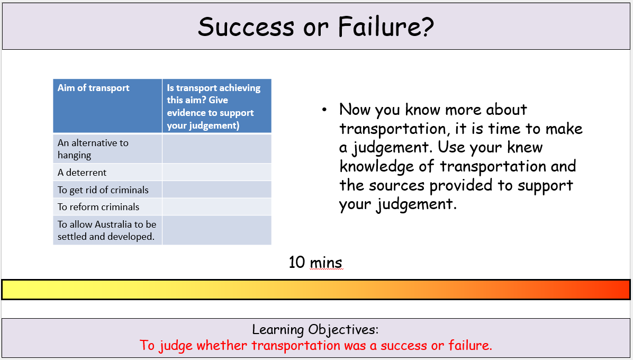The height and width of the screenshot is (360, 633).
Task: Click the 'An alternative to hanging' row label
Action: click(x=93, y=149)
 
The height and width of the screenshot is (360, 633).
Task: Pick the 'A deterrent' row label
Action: click(x=82, y=173)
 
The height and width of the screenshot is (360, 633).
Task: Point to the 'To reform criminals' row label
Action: click(x=98, y=207)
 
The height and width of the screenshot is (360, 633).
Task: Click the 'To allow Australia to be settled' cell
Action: click(x=107, y=230)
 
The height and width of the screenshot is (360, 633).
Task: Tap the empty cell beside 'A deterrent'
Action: click(x=217, y=173)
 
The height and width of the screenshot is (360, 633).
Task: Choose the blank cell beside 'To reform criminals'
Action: click(x=217, y=207)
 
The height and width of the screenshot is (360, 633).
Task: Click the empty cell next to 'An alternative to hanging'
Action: click(x=217, y=149)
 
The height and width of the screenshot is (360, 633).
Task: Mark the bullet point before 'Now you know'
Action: click(x=324, y=110)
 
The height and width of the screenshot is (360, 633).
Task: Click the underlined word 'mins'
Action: click(x=326, y=263)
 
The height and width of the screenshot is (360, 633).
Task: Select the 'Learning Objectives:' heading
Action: click(x=315, y=330)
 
